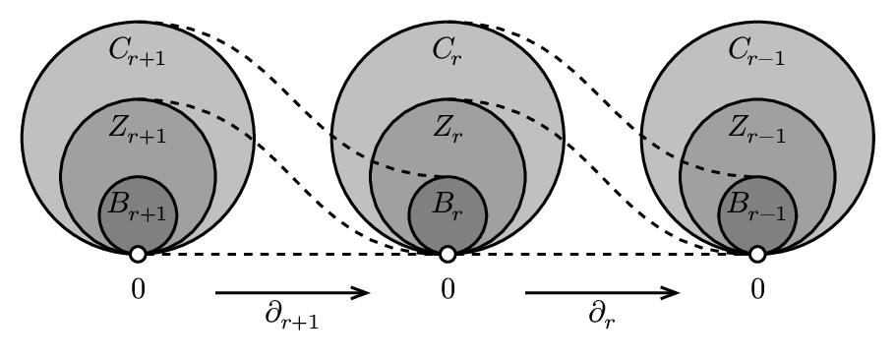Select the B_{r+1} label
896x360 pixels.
point(137,208)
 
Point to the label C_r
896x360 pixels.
point(447,51)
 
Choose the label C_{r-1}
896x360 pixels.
point(756,55)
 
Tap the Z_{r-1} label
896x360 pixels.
point(756,129)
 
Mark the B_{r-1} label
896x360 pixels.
point(756,208)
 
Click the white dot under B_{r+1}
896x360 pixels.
point(138,255)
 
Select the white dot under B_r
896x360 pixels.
point(448,255)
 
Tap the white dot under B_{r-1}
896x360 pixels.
point(757,255)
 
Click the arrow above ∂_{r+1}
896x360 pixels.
point(293,292)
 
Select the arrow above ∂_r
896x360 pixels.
point(602,292)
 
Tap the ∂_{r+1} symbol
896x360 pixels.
point(293,317)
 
